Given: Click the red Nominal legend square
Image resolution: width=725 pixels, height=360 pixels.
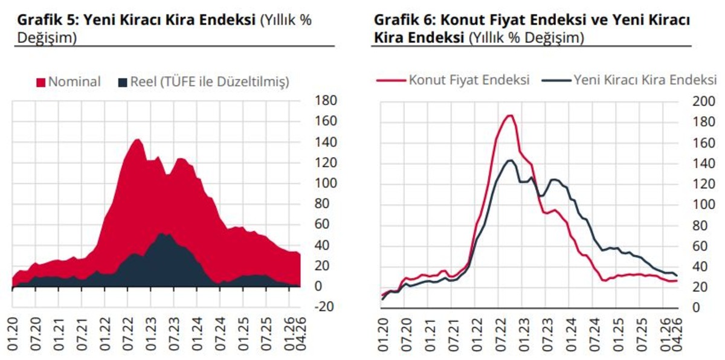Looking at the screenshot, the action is pos(41,83).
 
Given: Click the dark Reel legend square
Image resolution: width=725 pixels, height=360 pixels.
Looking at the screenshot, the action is pos(123,83).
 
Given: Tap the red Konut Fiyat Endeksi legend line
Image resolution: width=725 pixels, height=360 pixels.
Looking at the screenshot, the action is pos(391,80).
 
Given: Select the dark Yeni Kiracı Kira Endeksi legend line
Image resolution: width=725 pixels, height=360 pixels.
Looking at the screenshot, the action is pos(556,80).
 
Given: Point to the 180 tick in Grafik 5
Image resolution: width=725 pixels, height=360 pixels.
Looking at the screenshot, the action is pos(326,101).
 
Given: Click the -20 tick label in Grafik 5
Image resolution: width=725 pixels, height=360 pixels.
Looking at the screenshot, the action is pos(324,306).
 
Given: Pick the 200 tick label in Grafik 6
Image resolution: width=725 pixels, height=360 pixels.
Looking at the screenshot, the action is pos(704,101).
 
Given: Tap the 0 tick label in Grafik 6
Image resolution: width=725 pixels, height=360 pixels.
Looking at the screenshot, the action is pos(696,307).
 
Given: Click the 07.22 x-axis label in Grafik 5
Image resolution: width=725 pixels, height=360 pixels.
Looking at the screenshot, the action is pos(128,334).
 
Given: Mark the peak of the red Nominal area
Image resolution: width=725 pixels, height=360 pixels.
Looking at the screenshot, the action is pos(137,140).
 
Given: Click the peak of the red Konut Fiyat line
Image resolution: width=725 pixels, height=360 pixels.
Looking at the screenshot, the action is pos(511,115).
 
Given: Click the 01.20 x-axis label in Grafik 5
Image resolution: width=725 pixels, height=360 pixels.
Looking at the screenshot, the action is pos(12,334).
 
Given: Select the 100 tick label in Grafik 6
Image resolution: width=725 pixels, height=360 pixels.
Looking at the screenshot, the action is pos(704,204).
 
